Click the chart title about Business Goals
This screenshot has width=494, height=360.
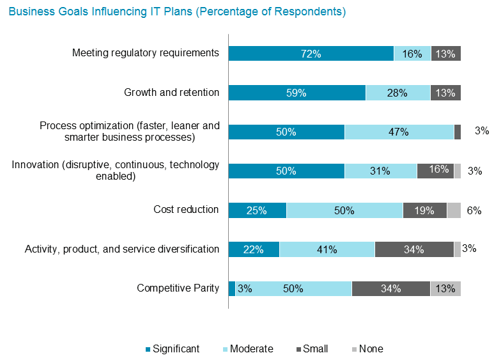pos(177,12)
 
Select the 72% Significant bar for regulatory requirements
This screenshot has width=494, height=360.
pos(311,54)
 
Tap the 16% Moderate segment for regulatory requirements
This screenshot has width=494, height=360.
pos(412,54)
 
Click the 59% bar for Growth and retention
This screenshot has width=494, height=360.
pos(297,93)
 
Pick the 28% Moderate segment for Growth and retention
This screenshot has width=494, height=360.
pos(398,93)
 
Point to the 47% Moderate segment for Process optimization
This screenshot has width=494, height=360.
pos(399,132)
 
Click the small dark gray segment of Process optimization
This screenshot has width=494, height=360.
pos(458,132)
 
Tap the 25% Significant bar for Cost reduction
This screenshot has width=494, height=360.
pos(258,210)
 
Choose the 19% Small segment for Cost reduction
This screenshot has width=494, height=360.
pos(424,210)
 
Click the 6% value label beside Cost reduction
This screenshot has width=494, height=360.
pos(474,210)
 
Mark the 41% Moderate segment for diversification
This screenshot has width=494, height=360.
pos(327,249)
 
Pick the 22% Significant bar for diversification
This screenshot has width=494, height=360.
pos(254,249)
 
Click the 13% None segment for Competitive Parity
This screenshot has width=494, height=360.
pos(445,288)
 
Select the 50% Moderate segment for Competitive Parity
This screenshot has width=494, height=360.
pos(293,288)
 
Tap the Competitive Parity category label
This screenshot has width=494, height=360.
pos(178,288)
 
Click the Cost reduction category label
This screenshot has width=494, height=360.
pos(186,210)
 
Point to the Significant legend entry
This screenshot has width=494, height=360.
pos(173,349)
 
